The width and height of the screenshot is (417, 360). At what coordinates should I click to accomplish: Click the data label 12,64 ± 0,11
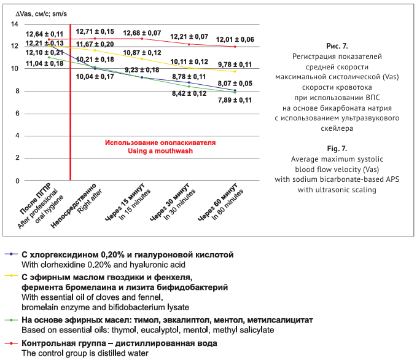point(44,34)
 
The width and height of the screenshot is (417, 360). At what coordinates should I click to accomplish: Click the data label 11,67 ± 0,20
point(95,44)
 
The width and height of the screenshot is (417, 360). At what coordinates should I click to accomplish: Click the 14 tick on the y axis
point(15,23)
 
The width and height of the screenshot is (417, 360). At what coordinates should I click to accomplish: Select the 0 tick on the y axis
point(17,181)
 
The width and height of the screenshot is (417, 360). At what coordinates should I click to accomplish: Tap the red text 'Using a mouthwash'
point(160,151)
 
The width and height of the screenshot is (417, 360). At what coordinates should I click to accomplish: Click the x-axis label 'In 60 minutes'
point(226,206)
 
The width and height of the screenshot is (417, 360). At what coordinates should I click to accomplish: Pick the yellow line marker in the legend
point(12,277)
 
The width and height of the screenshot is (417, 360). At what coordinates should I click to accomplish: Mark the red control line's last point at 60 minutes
point(235,47)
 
